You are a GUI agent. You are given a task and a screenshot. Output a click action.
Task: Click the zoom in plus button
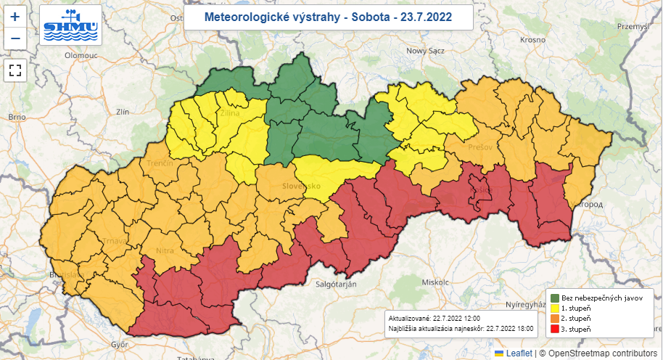pyautogui.click(x=15, y=16)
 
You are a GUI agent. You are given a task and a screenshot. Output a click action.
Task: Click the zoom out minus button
pyautogui.click(x=15, y=38)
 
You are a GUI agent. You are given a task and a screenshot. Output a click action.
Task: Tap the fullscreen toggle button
pyautogui.click(x=15, y=70)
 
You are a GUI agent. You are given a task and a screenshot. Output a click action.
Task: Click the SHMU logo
pyautogui.click(x=70, y=26)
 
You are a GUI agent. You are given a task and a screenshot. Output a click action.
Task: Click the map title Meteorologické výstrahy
pyautogui.click(x=328, y=17)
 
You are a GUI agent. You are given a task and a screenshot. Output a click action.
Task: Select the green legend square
pyautogui.click(x=555, y=298)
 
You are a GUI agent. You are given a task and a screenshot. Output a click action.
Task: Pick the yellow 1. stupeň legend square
pyautogui.click(x=555, y=308)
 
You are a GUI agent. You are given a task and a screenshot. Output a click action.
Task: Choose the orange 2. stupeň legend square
pyautogui.click(x=555, y=319)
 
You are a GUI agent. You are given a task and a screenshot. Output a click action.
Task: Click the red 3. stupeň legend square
pyautogui.click(x=555, y=329)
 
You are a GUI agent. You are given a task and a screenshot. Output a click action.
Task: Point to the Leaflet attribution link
pyautogui.click(x=519, y=353)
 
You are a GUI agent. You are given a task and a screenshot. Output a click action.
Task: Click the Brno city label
pyautogui.click(x=16, y=116)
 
